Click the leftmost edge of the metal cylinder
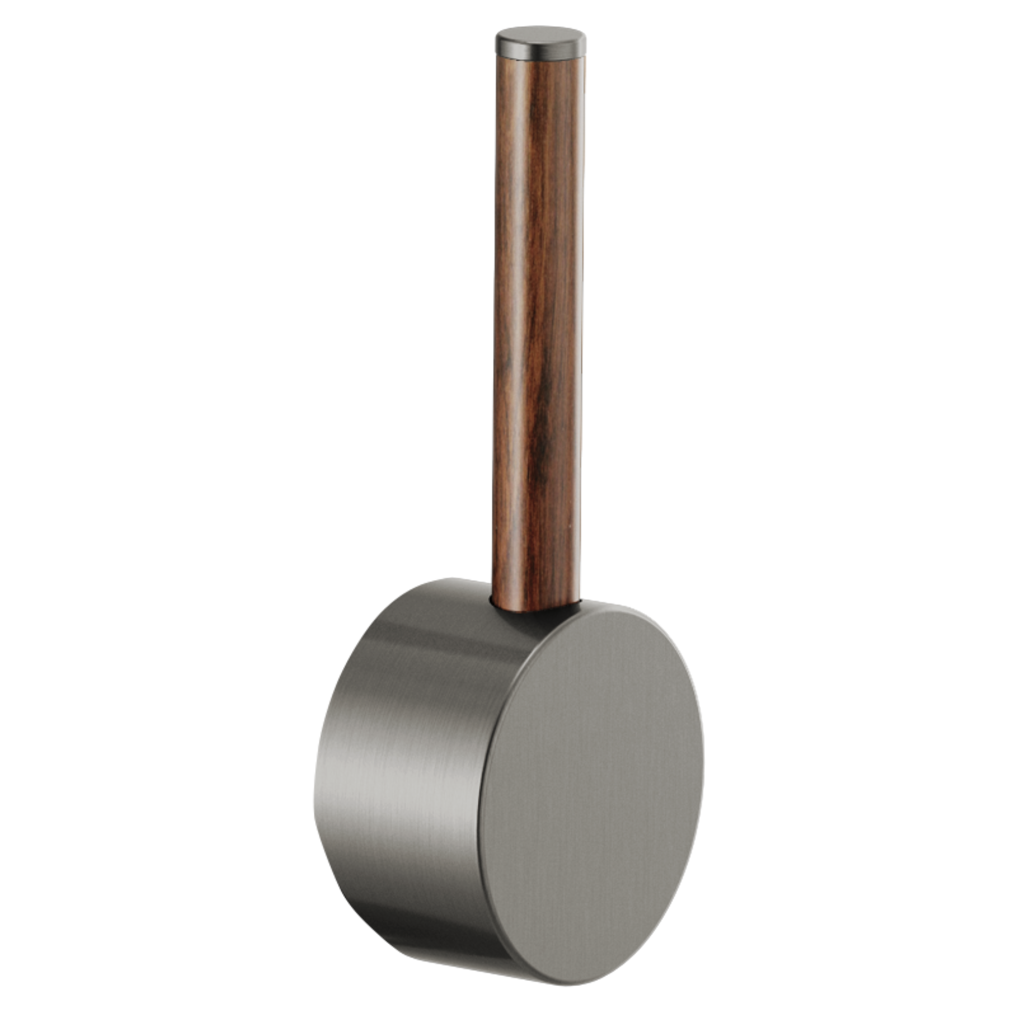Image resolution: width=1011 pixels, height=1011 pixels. pyautogui.click(x=313, y=785)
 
